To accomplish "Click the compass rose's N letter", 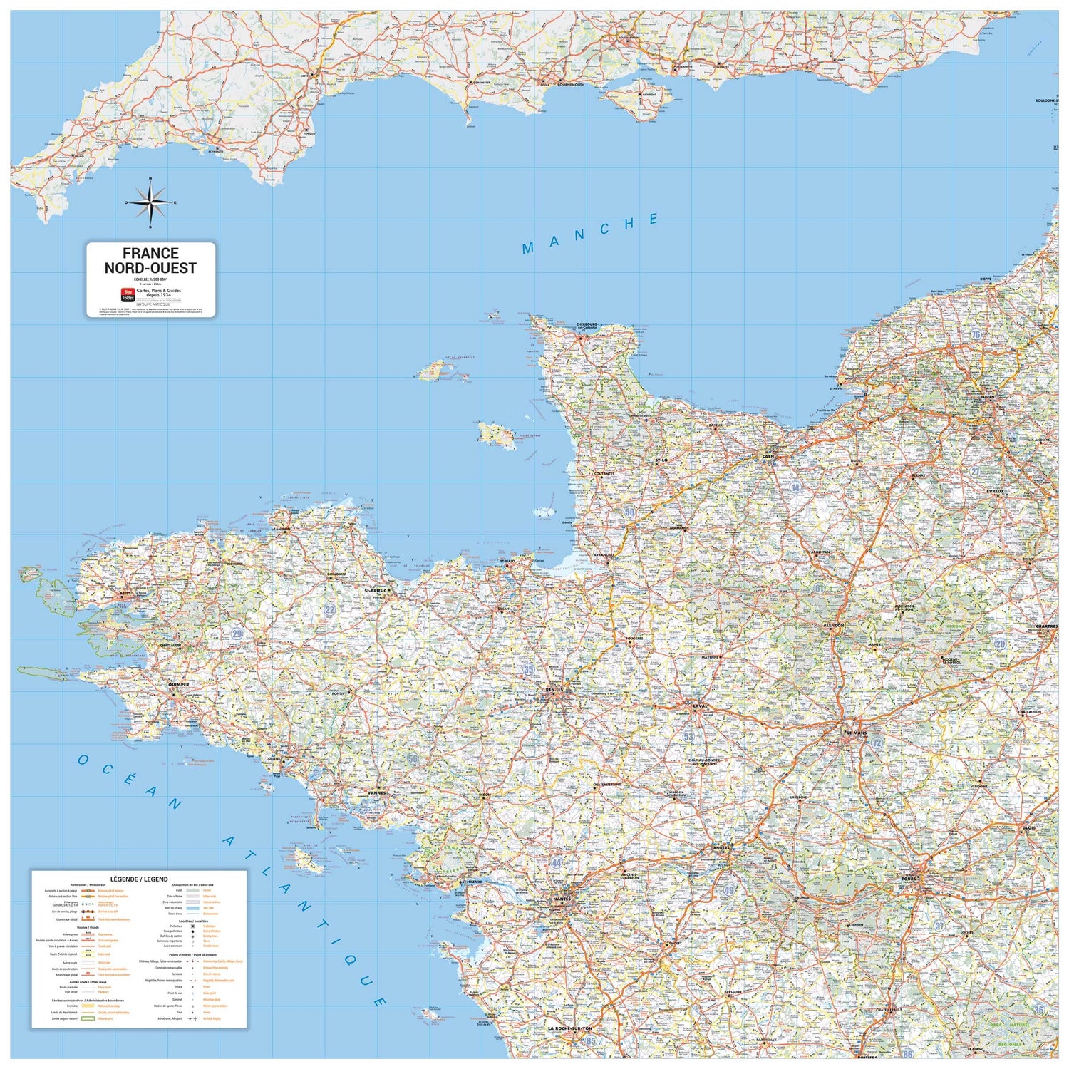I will [x=150, y=180].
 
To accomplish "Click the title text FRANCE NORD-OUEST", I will [x=150, y=261].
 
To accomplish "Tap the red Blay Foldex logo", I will [x=128, y=294].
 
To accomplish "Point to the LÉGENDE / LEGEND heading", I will [x=139, y=879].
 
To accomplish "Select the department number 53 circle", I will [x=688, y=737].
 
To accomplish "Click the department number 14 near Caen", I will [x=795, y=487].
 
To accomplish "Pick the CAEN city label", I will [x=768, y=456].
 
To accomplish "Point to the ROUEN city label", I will [x=987, y=397].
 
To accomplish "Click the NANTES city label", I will [x=562, y=899].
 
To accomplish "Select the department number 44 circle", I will [x=557, y=863].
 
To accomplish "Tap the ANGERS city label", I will [x=721, y=848].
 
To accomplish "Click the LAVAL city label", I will [x=700, y=707].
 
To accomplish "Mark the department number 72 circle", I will [x=877, y=743].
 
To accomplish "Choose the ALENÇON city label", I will [x=833, y=625].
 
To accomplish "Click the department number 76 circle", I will [x=976, y=334].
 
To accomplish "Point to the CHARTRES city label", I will [x=1047, y=626].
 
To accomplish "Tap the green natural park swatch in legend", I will [x=88, y=1018].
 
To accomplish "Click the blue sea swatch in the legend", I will [x=192, y=908].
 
